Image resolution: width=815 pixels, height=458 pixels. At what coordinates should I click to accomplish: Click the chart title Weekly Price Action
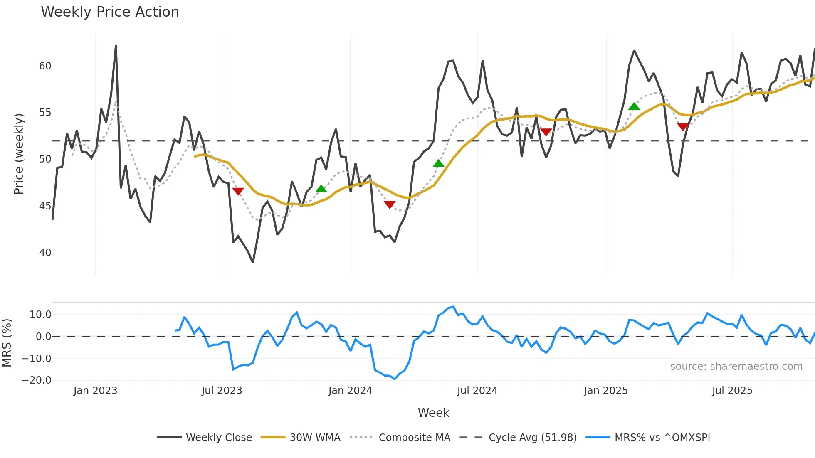[110, 12]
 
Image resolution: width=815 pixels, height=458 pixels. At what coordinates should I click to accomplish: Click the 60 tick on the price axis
[45, 66]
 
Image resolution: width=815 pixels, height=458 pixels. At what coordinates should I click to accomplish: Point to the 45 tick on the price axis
[45, 206]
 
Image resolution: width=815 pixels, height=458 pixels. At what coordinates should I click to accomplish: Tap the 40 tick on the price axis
[45, 253]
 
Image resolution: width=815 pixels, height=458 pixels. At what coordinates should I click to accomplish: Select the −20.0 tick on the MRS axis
[37, 380]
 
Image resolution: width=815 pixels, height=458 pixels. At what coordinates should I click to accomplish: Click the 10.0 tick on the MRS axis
[40, 315]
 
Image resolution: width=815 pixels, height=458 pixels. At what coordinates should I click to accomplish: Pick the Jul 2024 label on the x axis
[477, 391]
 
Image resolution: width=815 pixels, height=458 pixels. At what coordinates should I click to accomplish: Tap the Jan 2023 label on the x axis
[95, 391]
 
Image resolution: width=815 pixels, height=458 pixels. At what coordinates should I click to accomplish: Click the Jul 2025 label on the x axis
[732, 391]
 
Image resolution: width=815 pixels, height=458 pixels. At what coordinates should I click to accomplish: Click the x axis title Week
[433, 413]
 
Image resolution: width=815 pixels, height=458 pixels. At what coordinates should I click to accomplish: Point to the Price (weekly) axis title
[19, 154]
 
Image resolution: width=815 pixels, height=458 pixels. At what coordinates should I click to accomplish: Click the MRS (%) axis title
[7, 343]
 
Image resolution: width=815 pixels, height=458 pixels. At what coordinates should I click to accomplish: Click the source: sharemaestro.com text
[736, 367]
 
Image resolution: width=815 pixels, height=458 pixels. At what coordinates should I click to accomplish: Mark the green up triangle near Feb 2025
[634, 106]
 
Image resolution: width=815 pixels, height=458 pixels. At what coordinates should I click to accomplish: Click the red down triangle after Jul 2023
[238, 191]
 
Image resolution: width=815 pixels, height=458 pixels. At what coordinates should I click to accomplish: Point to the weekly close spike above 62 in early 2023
[116, 47]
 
